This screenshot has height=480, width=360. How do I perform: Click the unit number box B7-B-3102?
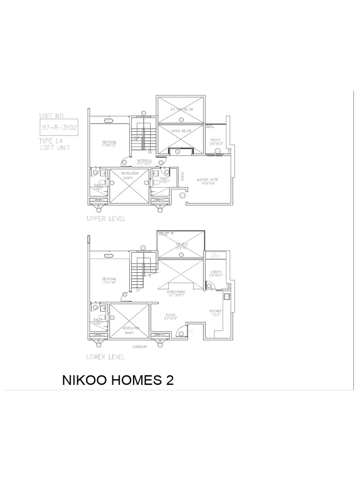pyautogui.click(x=59, y=127)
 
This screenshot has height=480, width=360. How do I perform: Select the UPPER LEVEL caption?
pyautogui.click(x=106, y=219)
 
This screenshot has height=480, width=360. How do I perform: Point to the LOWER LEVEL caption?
pyautogui.click(x=106, y=357)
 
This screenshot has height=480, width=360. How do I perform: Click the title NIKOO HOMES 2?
pyautogui.click(x=118, y=380)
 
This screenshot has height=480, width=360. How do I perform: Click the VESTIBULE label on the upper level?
pyautogui.click(x=143, y=162)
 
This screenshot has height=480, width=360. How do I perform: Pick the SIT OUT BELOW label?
pyautogui.click(x=180, y=109)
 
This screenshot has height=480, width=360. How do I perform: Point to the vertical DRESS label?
pyautogui.click(x=182, y=176)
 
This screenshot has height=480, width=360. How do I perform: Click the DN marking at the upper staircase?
pyautogui.click(x=150, y=152)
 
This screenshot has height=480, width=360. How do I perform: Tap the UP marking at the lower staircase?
pyautogui.click(x=138, y=290)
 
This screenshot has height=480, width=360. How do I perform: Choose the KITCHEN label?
pyautogui.click(x=216, y=312)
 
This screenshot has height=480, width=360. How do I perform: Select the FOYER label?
pyautogui.click(x=171, y=316)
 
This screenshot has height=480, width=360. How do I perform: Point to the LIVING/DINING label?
pyautogui.click(x=176, y=292)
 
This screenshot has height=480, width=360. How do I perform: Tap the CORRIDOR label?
pyautogui.click(x=140, y=347)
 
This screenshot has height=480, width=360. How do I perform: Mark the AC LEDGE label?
pyautogui.click(x=216, y=256)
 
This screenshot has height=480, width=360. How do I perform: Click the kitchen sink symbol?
pyautogui.click(x=227, y=296)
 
